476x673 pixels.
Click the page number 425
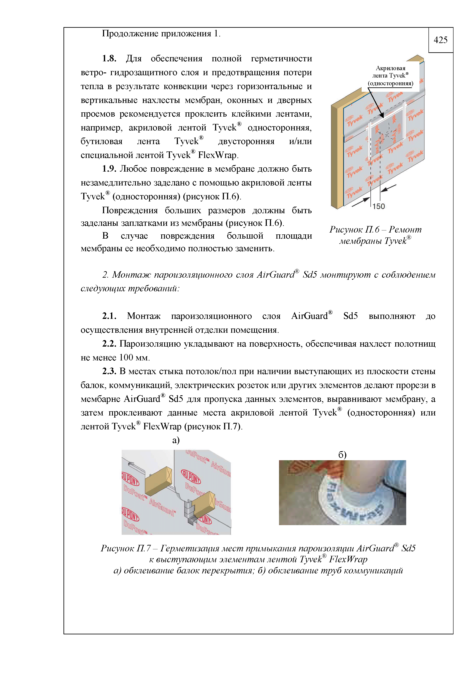(440, 40)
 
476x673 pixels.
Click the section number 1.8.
(109, 59)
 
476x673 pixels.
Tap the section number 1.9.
(109, 169)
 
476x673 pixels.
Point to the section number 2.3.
(109, 371)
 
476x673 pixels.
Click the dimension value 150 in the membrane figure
(379, 206)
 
